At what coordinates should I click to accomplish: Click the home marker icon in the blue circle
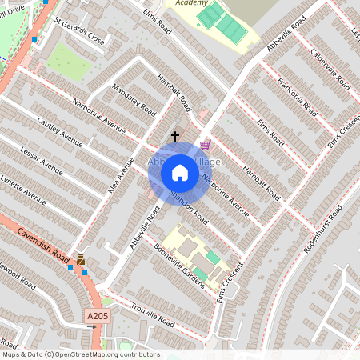[x=180, y=173]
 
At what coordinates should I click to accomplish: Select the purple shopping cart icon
[x=206, y=145]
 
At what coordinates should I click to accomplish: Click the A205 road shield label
[x=97, y=318]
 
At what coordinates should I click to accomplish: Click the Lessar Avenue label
[x=41, y=159]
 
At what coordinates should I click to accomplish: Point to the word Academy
[x=190, y=3]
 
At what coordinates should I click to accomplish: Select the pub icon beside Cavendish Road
[x=81, y=258]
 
